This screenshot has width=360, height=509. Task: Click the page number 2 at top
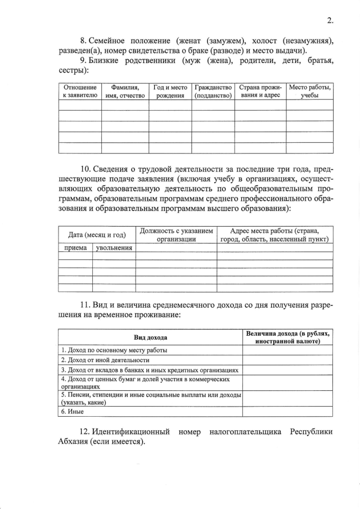coord(330,21)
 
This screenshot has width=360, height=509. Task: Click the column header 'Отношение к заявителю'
coord(80,92)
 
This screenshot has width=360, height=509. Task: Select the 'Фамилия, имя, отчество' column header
coord(125,92)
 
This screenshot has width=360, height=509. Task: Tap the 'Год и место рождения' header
coord(170,92)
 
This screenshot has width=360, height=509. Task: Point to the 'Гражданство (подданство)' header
coord(213,92)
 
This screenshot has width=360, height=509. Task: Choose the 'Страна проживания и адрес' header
coord(260,92)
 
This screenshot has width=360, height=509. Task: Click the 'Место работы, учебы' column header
coord(309,92)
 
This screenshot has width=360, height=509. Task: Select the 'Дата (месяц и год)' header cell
coord(97,235)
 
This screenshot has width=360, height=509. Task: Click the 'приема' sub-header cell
coord(75,247)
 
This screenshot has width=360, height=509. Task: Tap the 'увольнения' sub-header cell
coord(114,247)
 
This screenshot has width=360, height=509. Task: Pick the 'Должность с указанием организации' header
coord(176,235)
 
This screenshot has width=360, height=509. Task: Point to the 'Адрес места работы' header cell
coord(274,235)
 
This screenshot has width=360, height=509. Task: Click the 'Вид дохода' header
coord(150,337)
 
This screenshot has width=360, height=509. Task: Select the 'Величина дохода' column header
coord(287,337)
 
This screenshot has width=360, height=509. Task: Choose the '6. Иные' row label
coord(70,412)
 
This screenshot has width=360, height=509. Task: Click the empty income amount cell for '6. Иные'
coord(287,412)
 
